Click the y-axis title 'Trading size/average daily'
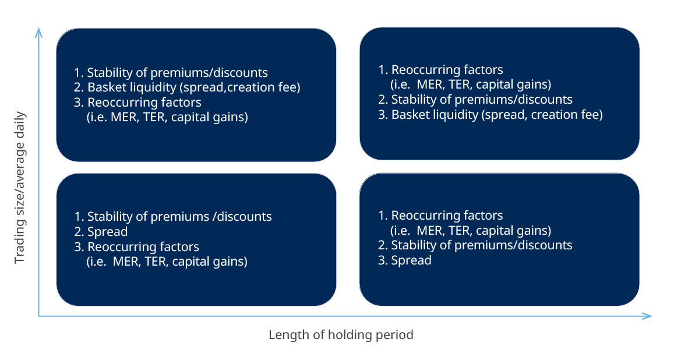pyautogui.click(x=20, y=188)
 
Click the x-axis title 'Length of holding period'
pyautogui.click(x=341, y=334)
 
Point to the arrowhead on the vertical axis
pyautogui.click(x=38, y=32)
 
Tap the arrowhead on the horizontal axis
pyautogui.click(x=647, y=316)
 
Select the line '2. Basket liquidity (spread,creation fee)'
pyautogui.click(x=187, y=87)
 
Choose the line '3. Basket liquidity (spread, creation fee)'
pyautogui.click(x=490, y=115)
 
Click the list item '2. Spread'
pyautogui.click(x=101, y=231)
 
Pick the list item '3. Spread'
pyautogui.click(x=404, y=260)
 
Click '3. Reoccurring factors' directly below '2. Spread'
pyautogui.click(x=136, y=246)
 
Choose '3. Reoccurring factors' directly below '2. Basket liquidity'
pyautogui.click(x=137, y=103)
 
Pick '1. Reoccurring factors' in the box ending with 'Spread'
pyautogui.click(x=440, y=215)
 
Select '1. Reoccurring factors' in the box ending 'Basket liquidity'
pyautogui.click(x=440, y=69)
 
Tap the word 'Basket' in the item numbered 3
pyautogui.click(x=411, y=115)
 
